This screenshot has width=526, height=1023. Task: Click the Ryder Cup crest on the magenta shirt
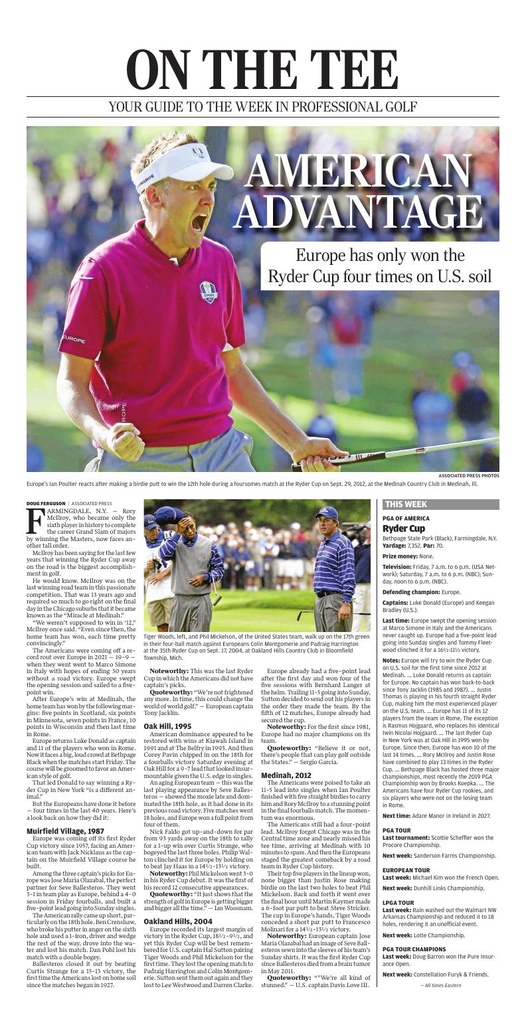click(x=208, y=291)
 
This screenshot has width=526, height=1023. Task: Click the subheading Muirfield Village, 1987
click(x=65, y=626)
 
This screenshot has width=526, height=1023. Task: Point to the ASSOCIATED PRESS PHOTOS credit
click(x=469, y=475)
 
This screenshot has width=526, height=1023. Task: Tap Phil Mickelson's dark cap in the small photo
click(x=327, y=512)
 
